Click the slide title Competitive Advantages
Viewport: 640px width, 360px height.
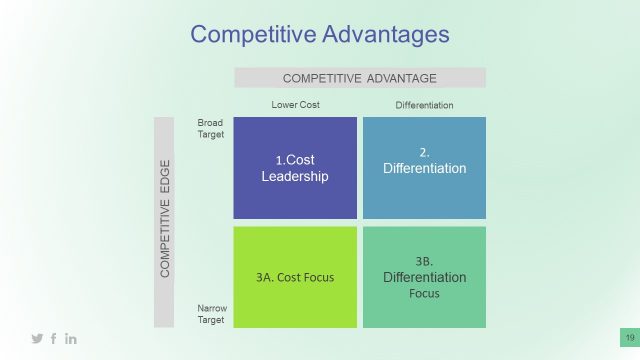coord(320,34)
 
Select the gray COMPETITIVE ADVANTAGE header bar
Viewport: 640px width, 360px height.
coord(360,78)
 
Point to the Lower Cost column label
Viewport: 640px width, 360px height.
coord(296,105)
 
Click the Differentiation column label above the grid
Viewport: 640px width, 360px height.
coord(424,105)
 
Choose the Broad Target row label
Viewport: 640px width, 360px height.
coord(210,128)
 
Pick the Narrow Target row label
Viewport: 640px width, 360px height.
coord(210,315)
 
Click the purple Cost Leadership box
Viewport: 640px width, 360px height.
coord(295,168)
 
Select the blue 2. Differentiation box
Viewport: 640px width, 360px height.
coord(424,168)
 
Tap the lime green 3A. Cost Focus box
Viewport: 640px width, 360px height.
coord(295,277)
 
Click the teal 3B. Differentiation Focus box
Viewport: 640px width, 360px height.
coord(424,277)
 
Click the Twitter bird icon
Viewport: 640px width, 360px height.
coord(37,339)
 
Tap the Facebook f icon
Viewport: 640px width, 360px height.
coord(54,339)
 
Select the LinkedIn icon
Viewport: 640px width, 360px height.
coord(71,339)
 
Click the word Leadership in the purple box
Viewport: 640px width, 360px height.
coord(295,177)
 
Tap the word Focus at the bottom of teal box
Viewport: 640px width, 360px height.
coord(424,294)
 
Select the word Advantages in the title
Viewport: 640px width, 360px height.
coord(385,34)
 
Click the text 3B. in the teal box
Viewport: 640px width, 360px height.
coord(424,261)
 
